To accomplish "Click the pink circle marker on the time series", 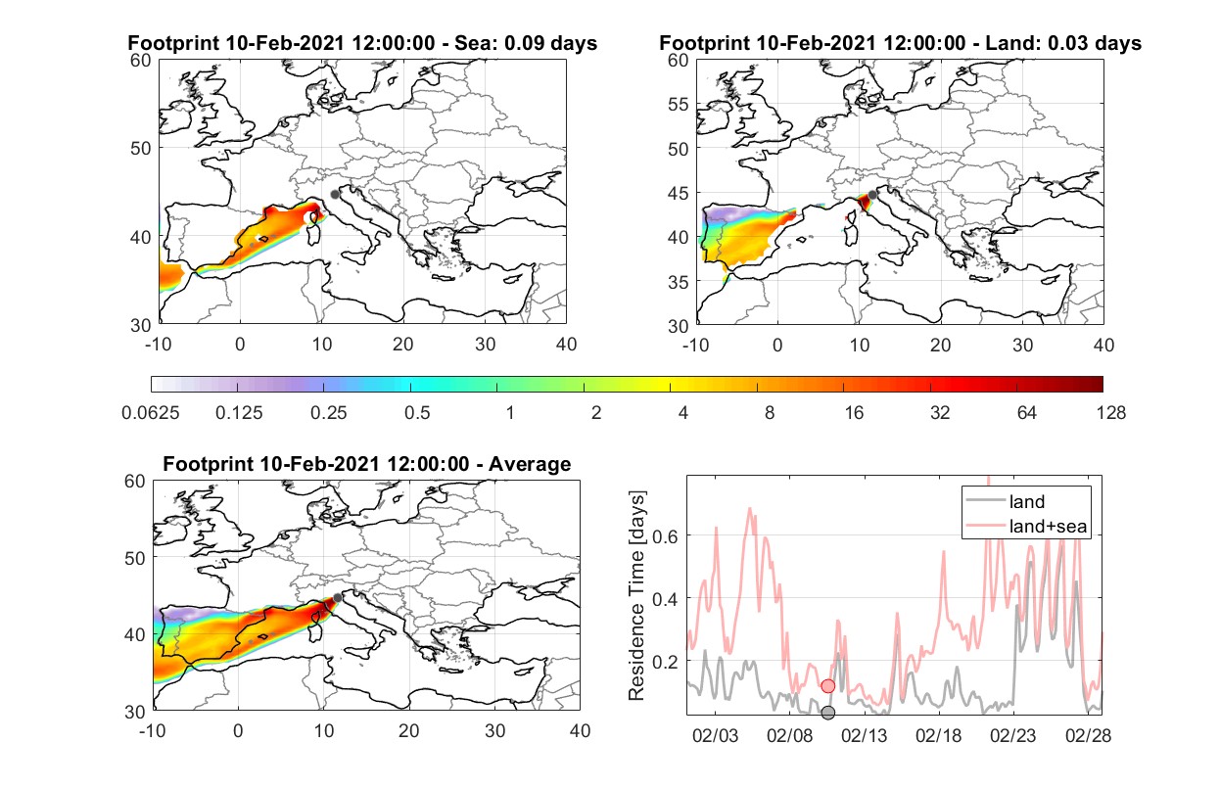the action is (828, 686).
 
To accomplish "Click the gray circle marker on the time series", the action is (828, 713).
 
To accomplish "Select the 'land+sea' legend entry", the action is (1026, 526).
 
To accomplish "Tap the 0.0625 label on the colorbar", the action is (151, 413).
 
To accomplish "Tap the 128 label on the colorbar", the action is (1110, 413).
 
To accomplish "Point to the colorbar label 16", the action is (854, 413).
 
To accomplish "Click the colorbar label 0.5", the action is (417, 413).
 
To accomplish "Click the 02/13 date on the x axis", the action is (865, 735).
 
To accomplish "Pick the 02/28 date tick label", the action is (1088, 735).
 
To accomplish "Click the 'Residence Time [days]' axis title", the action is (636, 596).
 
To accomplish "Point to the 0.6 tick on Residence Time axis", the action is (665, 536).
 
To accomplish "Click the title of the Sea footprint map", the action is (362, 43).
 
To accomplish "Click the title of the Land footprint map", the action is (900, 43).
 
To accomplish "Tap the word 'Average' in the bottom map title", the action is (530, 464).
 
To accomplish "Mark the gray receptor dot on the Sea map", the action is (335, 195).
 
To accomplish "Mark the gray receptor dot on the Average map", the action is (338, 598).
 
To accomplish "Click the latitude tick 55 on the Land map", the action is (679, 104).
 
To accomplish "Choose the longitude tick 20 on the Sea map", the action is (403, 345).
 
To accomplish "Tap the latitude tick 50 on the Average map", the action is (135, 558).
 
